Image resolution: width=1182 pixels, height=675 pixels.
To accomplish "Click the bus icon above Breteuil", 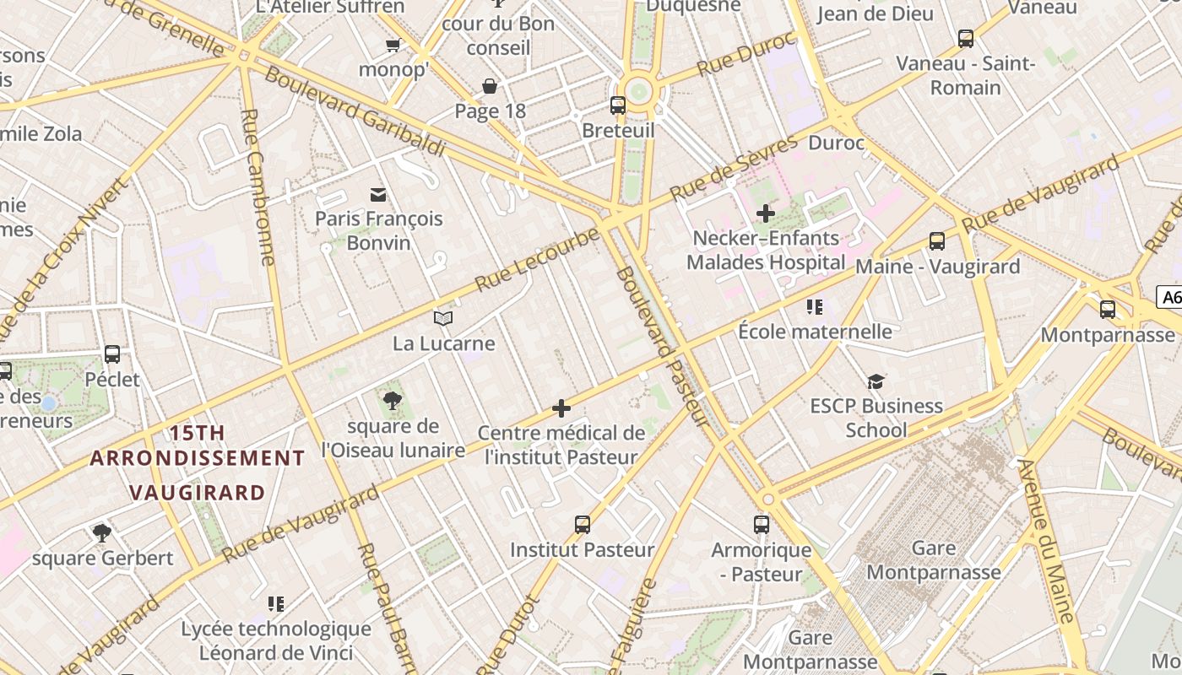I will [618, 105].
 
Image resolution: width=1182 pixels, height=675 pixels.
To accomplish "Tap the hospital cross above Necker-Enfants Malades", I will [766, 213].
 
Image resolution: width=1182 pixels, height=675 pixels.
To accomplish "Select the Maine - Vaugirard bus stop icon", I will [937, 241].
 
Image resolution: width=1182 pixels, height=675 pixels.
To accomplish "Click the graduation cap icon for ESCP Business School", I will [876, 381].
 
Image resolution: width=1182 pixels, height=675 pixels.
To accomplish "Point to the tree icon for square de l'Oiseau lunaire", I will [393, 399].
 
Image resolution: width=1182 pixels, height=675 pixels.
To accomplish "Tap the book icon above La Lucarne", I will [443, 318].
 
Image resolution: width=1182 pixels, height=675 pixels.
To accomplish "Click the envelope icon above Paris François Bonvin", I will [378, 195].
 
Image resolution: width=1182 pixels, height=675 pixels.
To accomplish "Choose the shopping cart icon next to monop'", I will [393, 45].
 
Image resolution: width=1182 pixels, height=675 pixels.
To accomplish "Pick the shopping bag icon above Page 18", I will [490, 86].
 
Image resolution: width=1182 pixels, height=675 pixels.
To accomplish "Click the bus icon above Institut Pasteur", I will [583, 525].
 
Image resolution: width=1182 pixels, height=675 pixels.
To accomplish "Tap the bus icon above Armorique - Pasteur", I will [762, 525].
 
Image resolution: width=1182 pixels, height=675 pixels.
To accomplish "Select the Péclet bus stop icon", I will [112, 354].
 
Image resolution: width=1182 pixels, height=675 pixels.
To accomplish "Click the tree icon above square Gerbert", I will [102, 532].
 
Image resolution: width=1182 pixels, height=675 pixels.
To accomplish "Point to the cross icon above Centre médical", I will [561, 409].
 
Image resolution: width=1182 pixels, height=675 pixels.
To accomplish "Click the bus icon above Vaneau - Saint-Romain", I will [966, 39].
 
